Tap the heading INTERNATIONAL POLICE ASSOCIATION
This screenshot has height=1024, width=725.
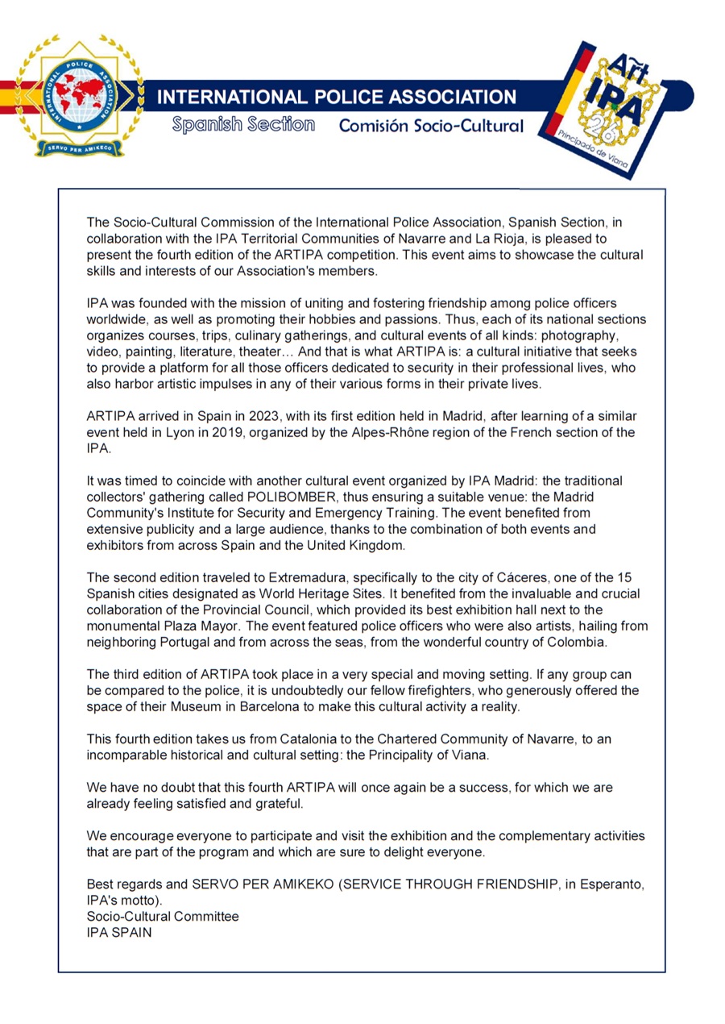pos(336,98)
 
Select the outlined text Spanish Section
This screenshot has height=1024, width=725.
pos(243,125)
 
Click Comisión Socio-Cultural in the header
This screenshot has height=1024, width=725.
pos(431,126)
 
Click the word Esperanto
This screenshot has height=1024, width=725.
pos(609,884)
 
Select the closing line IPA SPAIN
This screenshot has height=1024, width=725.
pos(119,932)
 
